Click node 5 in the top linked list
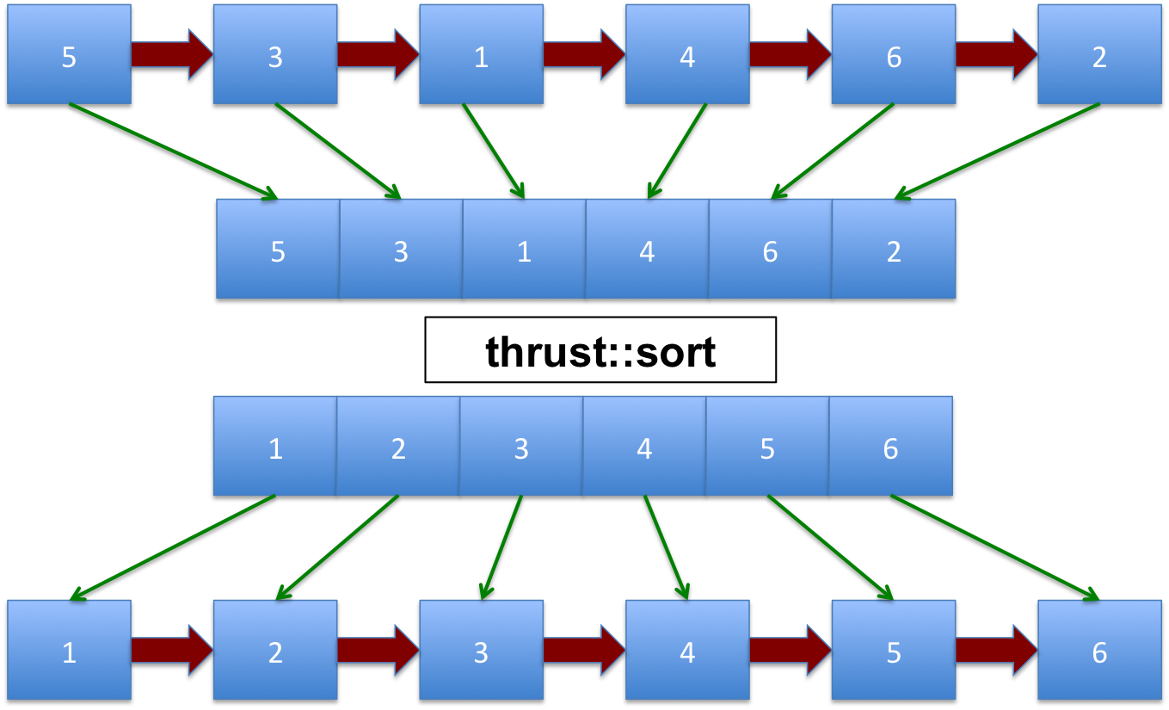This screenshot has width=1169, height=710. (x=69, y=54)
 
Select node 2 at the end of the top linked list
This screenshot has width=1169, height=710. (x=1099, y=54)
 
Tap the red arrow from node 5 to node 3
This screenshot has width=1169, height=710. (x=171, y=54)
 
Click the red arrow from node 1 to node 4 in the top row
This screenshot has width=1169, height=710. (x=584, y=54)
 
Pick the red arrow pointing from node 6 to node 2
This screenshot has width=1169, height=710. (x=996, y=54)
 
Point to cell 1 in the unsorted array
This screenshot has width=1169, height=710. (x=524, y=249)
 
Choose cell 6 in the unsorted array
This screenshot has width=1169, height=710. (x=770, y=249)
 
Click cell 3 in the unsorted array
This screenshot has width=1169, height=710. (x=401, y=249)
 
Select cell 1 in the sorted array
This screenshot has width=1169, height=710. (x=275, y=446)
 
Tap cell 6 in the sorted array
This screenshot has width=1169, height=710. (x=890, y=446)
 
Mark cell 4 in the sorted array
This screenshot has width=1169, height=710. (x=644, y=446)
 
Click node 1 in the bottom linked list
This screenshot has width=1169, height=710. (x=69, y=650)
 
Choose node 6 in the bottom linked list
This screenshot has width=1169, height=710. (x=1099, y=650)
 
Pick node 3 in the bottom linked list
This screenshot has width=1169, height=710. (x=481, y=650)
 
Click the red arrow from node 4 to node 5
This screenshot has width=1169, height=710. (x=790, y=650)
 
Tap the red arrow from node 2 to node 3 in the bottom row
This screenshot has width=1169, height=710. (x=378, y=650)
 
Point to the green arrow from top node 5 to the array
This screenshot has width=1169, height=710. (x=172, y=151)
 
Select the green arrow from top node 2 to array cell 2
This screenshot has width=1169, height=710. (x=998, y=151)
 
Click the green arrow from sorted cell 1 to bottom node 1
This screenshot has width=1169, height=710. (x=172, y=547)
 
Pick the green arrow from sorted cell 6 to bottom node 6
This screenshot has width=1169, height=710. (x=995, y=547)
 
